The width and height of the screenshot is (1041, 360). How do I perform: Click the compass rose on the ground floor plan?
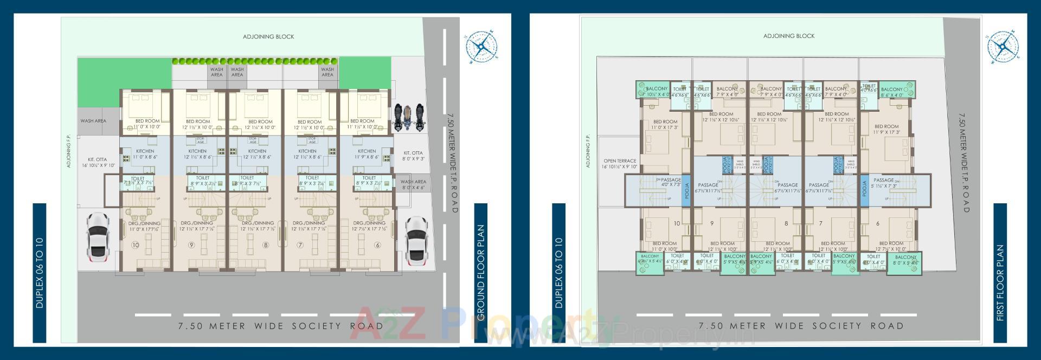tap(481, 46)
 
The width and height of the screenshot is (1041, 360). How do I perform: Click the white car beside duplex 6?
tap(416, 239)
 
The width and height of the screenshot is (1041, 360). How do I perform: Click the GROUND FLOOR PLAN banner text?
tap(481, 273)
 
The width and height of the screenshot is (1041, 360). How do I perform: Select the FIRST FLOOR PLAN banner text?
tap(1000, 282)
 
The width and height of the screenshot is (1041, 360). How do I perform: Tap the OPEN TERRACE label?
tap(620, 164)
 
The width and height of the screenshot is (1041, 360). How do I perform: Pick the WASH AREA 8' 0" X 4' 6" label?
tap(413, 185)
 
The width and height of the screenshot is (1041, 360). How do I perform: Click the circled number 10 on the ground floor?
tap(136, 245)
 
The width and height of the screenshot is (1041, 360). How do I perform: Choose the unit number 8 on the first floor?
tap(786, 223)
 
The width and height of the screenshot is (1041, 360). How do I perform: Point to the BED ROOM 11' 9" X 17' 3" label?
tap(886, 129)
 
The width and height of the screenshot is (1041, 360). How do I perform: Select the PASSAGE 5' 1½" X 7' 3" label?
tap(884, 183)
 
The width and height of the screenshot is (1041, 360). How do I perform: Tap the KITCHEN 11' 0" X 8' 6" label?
tap(145, 154)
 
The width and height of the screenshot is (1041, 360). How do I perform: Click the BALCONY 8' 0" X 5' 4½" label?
tap(905, 260)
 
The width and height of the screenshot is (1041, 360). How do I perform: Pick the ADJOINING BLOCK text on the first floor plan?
tap(789, 36)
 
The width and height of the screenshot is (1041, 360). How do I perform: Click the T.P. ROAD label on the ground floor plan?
tap(452, 163)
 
